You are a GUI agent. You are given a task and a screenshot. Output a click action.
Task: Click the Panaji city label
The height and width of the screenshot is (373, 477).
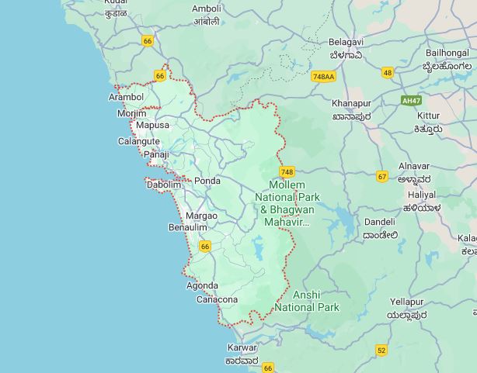pos(156,154)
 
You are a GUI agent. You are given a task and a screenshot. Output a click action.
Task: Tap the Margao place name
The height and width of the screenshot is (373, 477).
pos(201,215)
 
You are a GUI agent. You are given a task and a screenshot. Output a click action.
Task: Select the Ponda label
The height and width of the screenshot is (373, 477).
pos(207,181)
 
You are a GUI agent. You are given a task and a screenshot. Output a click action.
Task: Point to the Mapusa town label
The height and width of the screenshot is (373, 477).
pos(152,125)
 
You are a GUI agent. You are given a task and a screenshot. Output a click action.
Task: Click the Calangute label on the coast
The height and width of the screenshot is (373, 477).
pos(138,141)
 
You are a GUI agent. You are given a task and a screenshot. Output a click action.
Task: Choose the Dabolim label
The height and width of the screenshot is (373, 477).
pos(164,185)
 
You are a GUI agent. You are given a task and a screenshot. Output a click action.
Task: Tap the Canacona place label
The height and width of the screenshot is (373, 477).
pos(217,299)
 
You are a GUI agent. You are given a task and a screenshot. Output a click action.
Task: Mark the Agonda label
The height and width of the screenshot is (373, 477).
pos(202,285)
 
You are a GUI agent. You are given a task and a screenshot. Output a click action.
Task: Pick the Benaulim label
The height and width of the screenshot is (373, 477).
pos(188,227)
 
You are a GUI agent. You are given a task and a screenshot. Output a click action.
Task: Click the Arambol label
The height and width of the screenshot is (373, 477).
pos(126,97)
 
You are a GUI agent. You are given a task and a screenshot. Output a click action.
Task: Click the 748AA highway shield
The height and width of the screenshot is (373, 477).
pos(322,77)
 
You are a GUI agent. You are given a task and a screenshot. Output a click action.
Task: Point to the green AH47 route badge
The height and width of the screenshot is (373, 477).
pos(411,100)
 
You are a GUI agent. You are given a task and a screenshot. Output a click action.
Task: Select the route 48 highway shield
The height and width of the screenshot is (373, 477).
pos(388,72)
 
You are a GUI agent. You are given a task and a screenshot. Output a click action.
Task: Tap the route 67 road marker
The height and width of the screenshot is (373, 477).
pos(381,176)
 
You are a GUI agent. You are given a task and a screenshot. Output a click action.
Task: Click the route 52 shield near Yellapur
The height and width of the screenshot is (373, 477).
pos(381,350)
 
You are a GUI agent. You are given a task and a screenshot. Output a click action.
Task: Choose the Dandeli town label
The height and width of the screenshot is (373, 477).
pos(380,222)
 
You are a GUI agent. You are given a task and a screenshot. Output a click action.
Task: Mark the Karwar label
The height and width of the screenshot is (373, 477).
pos(242,347)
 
